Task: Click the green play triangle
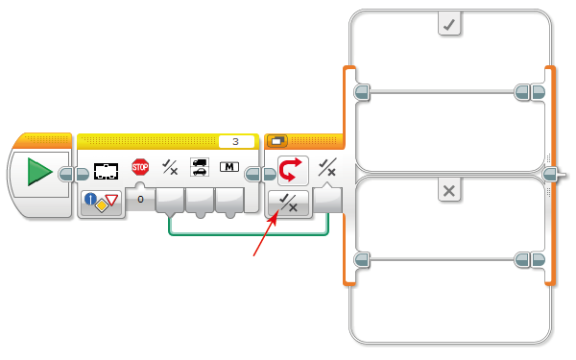tap(39, 172)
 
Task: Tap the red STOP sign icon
tap(140, 167)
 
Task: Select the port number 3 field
tap(236, 141)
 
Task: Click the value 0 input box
tap(140, 199)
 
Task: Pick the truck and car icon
tap(200, 167)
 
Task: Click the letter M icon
tap(229, 167)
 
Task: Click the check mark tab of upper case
tap(449, 25)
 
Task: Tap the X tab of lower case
tap(449, 191)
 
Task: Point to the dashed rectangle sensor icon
tap(107, 171)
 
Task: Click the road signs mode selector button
tap(102, 203)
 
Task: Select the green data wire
tap(249, 233)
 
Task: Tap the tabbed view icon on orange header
tap(277, 141)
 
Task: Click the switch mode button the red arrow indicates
tap(288, 204)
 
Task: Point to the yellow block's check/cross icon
tap(170, 167)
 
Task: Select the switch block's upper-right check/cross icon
tap(327, 167)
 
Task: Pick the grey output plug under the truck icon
tap(200, 201)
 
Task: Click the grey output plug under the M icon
tap(229, 201)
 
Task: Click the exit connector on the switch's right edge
tap(551, 174)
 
